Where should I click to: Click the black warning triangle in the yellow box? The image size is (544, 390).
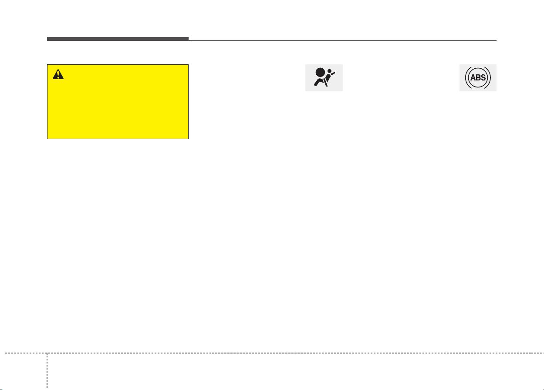click(x=58, y=75)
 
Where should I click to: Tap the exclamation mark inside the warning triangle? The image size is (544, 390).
click(x=58, y=75)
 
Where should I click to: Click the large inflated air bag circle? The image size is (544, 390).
click(x=320, y=73)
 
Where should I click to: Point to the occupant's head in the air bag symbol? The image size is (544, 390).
click(x=330, y=71)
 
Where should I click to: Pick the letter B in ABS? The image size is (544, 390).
click(x=478, y=77)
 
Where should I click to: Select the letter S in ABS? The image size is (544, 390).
click(x=483, y=77)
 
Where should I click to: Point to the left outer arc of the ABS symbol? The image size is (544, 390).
click(x=466, y=77)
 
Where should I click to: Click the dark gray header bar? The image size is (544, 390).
click(x=118, y=39)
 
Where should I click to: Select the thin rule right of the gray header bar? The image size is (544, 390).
click(x=342, y=40)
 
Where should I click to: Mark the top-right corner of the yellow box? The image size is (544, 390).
click(x=189, y=64)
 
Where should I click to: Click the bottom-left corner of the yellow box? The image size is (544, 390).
click(x=47, y=139)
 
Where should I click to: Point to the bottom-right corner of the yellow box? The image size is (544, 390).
click(x=189, y=139)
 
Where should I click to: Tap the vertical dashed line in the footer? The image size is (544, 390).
click(x=47, y=371)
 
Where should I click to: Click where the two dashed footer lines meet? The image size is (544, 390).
click(x=47, y=353)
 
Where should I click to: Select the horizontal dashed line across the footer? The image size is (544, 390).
click(x=274, y=353)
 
